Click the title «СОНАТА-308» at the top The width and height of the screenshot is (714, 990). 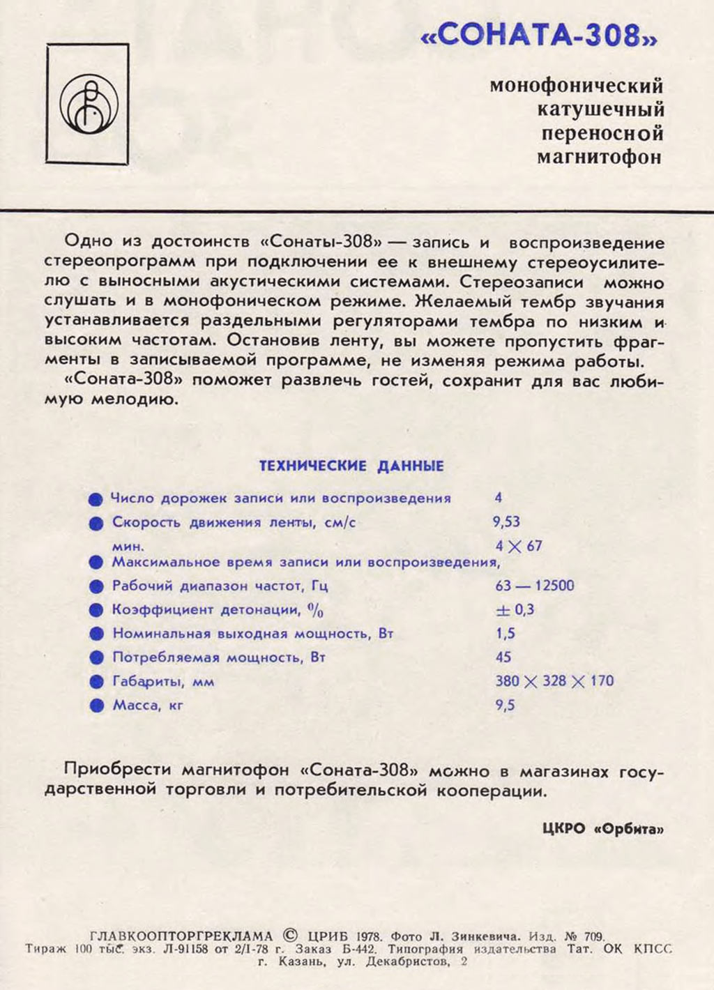(539, 36)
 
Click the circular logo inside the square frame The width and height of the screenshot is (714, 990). (88, 105)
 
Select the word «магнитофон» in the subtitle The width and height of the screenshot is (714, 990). (599, 157)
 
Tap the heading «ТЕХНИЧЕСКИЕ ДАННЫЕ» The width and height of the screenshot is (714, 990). (351, 466)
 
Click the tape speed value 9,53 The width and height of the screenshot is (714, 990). (506, 521)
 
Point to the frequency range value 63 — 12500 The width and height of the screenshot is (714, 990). (535, 586)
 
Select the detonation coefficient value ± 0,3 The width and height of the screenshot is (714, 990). (515, 610)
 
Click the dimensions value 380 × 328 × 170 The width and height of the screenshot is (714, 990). (554, 681)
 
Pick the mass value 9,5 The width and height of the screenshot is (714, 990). (505, 705)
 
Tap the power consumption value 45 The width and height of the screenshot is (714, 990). (503, 657)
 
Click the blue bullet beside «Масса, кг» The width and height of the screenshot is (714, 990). (96, 706)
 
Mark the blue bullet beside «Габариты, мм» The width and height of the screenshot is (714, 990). (96, 682)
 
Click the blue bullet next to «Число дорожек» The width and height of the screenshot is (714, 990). (96, 499)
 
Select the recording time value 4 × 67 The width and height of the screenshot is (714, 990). (519, 546)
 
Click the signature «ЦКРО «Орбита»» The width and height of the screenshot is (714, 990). (602, 829)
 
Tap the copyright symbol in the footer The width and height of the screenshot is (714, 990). (291, 935)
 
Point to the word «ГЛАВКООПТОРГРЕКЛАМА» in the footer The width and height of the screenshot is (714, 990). (181, 936)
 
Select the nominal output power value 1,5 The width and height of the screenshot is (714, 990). (506, 634)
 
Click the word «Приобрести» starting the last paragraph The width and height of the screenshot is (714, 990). (117, 769)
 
